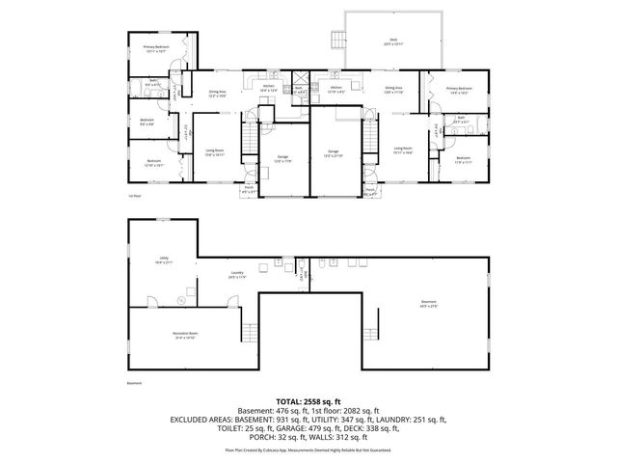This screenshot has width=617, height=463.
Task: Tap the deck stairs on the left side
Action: pyautogui.click(x=337, y=39)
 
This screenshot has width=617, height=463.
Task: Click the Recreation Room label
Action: pyautogui.click(x=185, y=337)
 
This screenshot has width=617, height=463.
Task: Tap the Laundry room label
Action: pyautogui.click(x=237, y=276)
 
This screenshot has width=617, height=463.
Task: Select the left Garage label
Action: pyautogui.click(x=282, y=160)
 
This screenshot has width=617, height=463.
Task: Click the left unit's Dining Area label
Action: pyautogui.click(x=218, y=95)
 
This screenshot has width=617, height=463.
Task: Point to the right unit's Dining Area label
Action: pyautogui.click(x=393, y=89)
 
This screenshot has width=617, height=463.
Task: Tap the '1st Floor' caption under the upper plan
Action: pyautogui.click(x=135, y=196)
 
